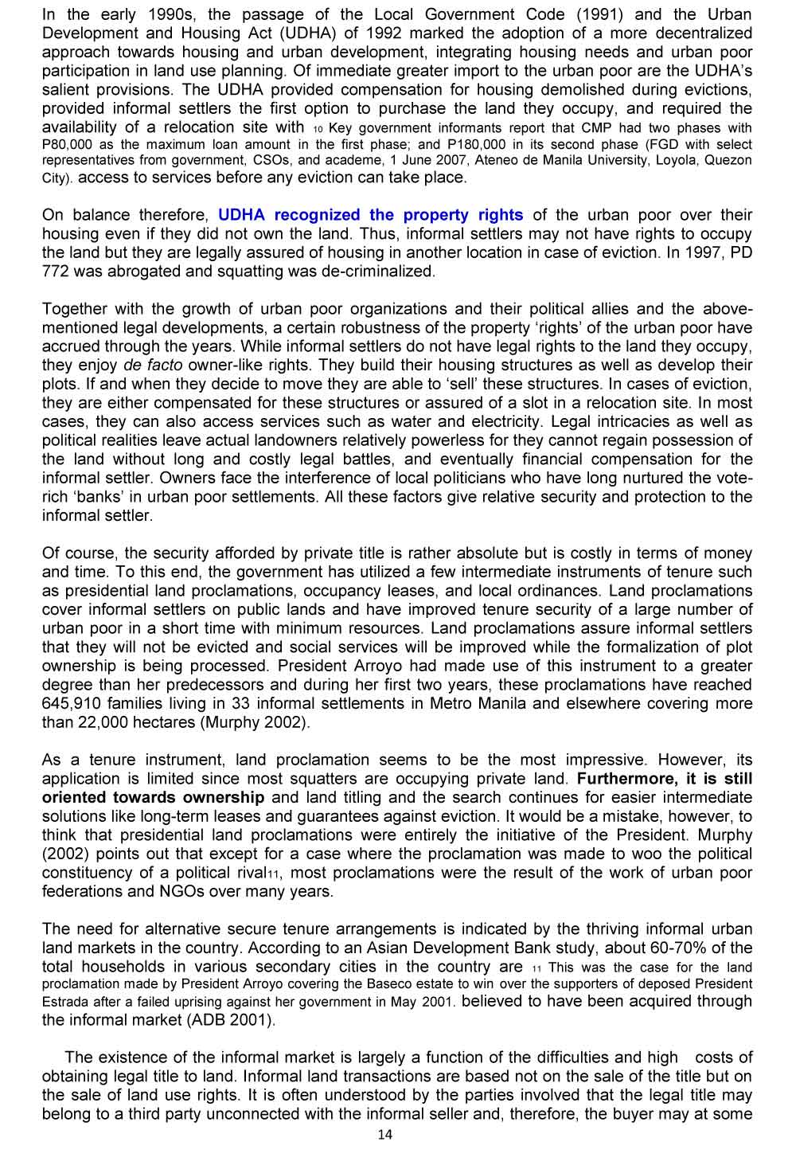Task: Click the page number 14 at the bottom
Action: pos(385,1135)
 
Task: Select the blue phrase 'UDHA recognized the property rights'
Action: pos(370,215)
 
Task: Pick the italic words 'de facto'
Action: pos(153,366)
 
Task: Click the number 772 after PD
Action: pos(54,272)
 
